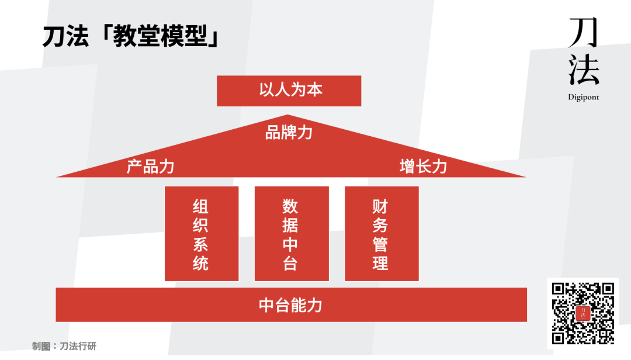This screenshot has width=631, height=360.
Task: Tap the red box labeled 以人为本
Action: [289, 91]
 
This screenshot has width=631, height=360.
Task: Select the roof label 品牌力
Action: [289, 133]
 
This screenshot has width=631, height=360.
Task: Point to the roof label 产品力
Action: [150, 167]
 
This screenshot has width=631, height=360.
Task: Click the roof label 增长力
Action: [423, 167]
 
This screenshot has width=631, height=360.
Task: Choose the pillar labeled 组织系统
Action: [201, 234]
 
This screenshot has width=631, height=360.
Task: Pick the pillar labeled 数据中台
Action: [291, 234]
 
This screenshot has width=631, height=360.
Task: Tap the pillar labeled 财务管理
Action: [381, 234]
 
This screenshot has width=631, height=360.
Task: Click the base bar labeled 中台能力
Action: [290, 304]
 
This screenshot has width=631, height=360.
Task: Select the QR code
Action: [583, 313]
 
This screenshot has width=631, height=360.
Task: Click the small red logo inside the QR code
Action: [583, 313]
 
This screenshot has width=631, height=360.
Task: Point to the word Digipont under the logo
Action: [583, 98]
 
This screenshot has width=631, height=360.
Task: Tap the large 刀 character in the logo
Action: [583, 33]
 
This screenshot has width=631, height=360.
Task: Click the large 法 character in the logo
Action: [584, 70]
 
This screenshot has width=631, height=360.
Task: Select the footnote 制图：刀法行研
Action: [64, 347]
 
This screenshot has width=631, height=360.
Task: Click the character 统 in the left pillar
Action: [201, 263]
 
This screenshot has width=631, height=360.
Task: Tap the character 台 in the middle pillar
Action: [291, 263]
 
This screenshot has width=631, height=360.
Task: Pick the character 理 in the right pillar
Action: [381, 263]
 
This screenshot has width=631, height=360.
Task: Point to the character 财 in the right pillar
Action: [381, 206]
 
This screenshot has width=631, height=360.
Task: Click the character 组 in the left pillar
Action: [201, 206]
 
